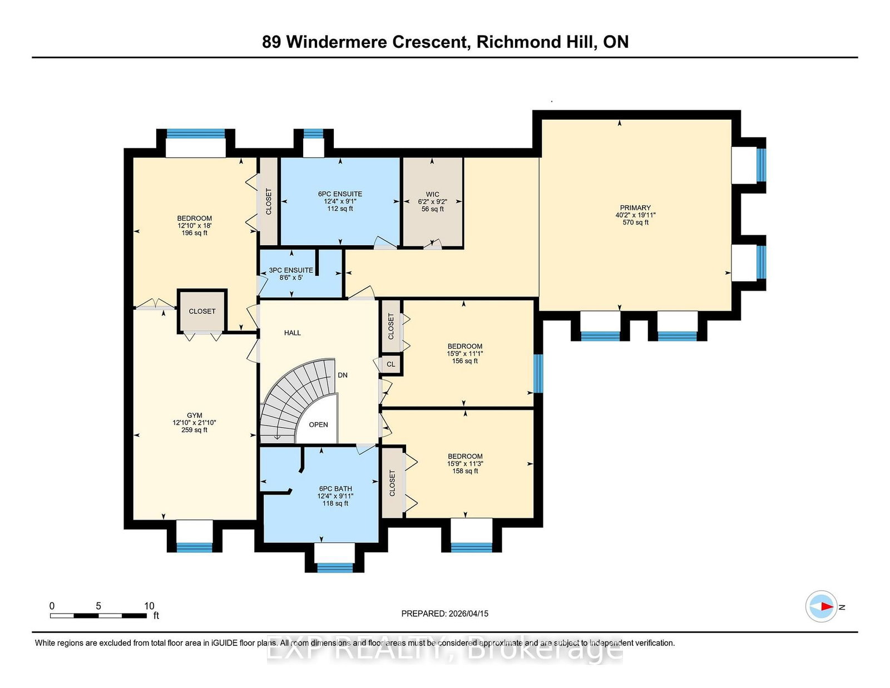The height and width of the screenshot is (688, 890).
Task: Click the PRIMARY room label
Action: pos(635,207)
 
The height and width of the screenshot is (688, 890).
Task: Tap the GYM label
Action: pos(194,415)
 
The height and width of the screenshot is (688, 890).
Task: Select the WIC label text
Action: pos(433,195)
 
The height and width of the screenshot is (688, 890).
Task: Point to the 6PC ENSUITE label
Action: pos(340,194)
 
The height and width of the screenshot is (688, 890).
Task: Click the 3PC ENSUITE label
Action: pos(291,270)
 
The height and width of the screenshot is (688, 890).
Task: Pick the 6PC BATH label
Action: pos(335,488)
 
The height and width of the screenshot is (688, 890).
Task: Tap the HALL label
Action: pos(293,333)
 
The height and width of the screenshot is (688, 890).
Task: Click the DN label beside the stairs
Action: pos(343,375)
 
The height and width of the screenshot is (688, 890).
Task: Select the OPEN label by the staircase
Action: pos(318,425)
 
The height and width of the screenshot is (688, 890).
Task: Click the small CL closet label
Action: pos(390,364)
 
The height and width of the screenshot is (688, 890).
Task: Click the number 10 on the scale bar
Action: pos(149,606)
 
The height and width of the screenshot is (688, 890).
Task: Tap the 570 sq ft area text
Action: pos(635,222)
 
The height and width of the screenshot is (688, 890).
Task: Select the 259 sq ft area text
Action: pos(194,430)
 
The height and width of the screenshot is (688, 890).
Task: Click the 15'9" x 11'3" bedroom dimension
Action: pos(465,464)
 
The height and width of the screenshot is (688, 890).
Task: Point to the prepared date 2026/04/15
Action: pos(468,613)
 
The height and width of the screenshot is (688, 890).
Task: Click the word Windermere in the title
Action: pos(336,42)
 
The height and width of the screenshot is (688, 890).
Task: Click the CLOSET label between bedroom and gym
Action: pos(202,311)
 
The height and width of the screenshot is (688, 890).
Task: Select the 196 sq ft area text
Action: pos(194,233)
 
